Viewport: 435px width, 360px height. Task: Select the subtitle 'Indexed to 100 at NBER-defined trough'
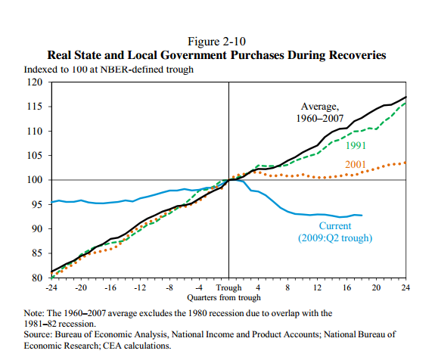[x=110, y=70]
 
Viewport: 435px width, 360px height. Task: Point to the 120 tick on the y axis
[x=36, y=82]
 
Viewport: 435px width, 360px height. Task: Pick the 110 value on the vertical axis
[x=36, y=131]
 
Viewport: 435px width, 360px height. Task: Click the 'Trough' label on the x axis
[x=228, y=288]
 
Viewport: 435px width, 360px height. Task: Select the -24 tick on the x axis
[x=51, y=288]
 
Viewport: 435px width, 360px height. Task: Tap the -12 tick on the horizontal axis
[x=140, y=288]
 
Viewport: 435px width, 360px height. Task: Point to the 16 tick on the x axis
[x=346, y=288]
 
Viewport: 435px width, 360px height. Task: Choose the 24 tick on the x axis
[x=405, y=288]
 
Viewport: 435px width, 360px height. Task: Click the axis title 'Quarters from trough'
[x=228, y=298]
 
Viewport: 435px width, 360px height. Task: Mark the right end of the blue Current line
[x=362, y=216]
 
